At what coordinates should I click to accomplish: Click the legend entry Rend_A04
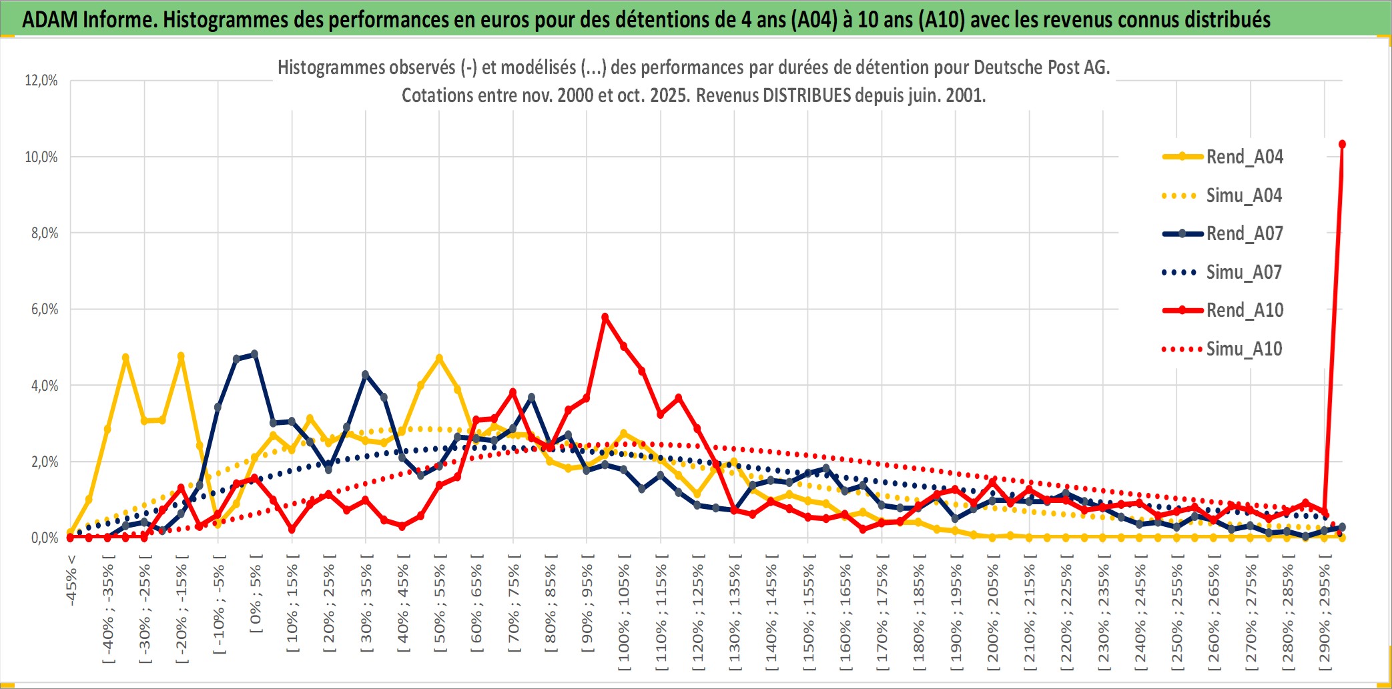pyautogui.click(x=1244, y=157)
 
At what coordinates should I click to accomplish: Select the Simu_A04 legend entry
pyautogui.click(x=1244, y=195)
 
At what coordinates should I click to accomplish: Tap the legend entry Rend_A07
pyautogui.click(x=1244, y=233)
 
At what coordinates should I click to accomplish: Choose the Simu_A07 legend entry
pyautogui.click(x=1244, y=272)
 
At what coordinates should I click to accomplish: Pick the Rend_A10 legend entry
pyautogui.click(x=1244, y=310)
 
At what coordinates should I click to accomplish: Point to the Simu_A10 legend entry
pyautogui.click(x=1244, y=349)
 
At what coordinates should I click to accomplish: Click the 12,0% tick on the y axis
pyautogui.click(x=41, y=81)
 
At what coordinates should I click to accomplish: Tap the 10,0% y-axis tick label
pyautogui.click(x=41, y=157)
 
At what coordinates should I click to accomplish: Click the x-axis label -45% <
pyautogui.click(x=71, y=580)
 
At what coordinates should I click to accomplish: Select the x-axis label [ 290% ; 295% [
pyautogui.click(x=1325, y=614)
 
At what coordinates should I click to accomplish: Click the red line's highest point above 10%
pyautogui.click(x=1342, y=144)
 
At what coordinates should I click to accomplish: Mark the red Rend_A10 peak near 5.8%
pyautogui.click(x=605, y=317)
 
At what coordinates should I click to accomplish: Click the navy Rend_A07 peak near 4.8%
pyautogui.click(x=254, y=354)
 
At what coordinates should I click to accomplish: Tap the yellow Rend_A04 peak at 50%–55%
pyautogui.click(x=439, y=358)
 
